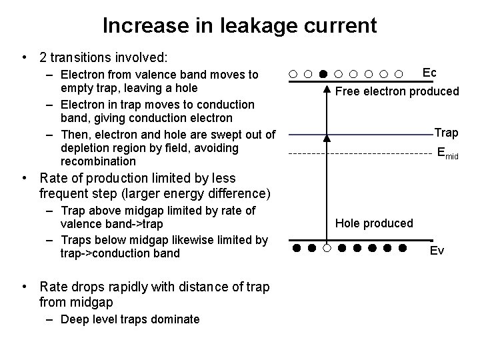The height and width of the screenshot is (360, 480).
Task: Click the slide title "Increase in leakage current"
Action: (x=239, y=25)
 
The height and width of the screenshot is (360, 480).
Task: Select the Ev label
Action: (x=437, y=251)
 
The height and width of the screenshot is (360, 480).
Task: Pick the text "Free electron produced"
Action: (x=397, y=91)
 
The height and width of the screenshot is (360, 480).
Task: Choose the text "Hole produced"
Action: (x=374, y=223)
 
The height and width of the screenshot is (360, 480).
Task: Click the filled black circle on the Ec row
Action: (x=323, y=73)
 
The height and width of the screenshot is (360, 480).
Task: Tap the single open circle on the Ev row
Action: (x=326, y=249)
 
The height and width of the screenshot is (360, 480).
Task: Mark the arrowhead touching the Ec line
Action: (x=327, y=88)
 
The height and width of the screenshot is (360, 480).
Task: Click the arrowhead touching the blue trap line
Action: (x=327, y=139)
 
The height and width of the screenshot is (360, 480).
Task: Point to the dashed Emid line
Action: (x=360, y=154)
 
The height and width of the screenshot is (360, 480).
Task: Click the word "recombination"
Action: (x=97, y=161)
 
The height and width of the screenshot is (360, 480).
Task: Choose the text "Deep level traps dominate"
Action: (x=130, y=319)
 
